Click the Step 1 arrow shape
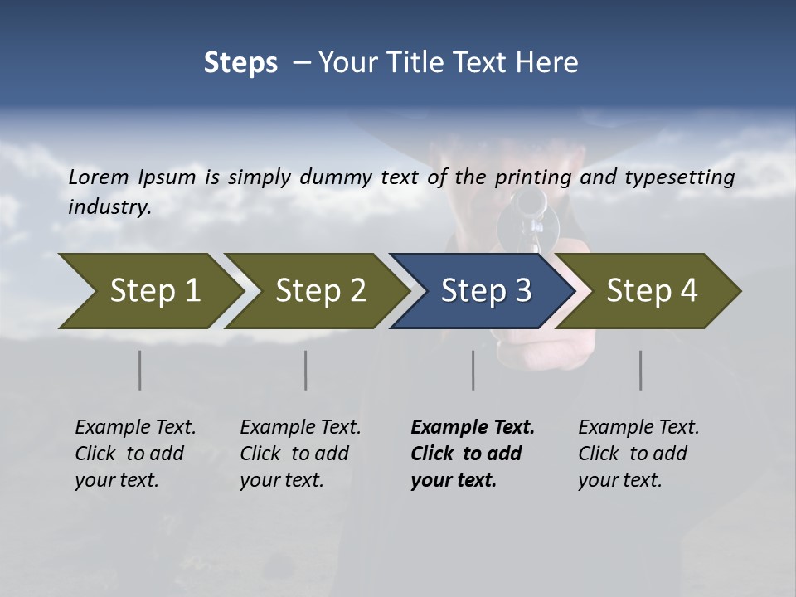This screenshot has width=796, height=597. click(149, 291)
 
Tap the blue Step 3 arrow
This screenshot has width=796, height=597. click(484, 291)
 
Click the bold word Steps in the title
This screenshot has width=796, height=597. click(240, 63)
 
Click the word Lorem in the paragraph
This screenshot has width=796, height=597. click(99, 177)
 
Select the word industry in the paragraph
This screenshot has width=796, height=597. click(109, 207)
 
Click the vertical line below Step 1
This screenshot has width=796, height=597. click(140, 370)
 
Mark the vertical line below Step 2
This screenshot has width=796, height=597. click(306, 370)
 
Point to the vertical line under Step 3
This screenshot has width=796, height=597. click(473, 370)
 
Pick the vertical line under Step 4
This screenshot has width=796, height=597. click(641, 370)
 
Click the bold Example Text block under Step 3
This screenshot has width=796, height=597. click(473, 454)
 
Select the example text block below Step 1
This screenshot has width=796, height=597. click(135, 454)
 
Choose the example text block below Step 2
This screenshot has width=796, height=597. click(300, 454)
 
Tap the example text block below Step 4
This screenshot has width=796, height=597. click(638, 454)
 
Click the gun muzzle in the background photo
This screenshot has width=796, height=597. click(528, 201)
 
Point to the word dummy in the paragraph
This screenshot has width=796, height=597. click(330, 177)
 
